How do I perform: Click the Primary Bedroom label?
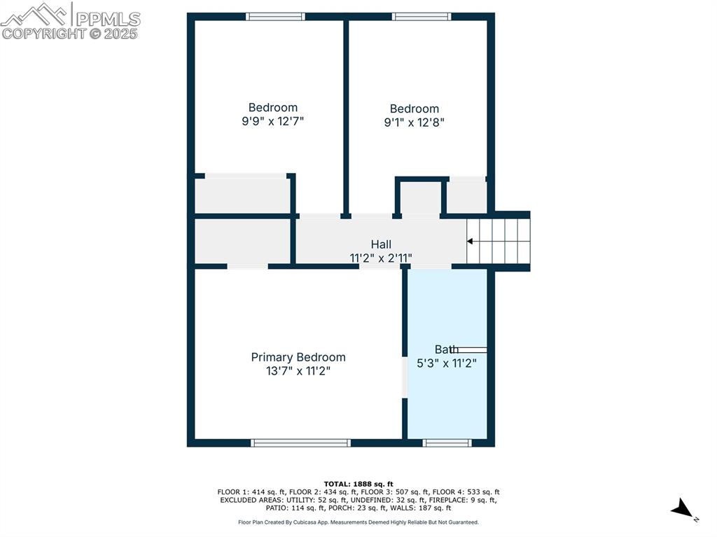[x=298, y=357]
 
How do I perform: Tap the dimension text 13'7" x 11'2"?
[x=298, y=372]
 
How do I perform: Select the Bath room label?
[x=447, y=349]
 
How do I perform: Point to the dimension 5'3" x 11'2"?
[x=447, y=363]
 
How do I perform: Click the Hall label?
[x=381, y=244]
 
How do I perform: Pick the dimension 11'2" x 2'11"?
[x=381, y=258]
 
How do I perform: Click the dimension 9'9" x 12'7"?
[x=273, y=121]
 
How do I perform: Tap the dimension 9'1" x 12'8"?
[x=415, y=122]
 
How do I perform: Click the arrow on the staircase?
[x=470, y=242]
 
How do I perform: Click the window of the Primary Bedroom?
[x=300, y=442]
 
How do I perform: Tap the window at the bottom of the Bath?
[x=447, y=442]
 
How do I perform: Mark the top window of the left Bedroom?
[x=275, y=16]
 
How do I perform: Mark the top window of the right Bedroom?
[x=422, y=16]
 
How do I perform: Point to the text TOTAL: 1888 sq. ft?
[x=358, y=484]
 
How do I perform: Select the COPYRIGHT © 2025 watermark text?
[x=70, y=34]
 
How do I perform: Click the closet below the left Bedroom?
[x=242, y=195]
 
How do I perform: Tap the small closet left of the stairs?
[x=466, y=197]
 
